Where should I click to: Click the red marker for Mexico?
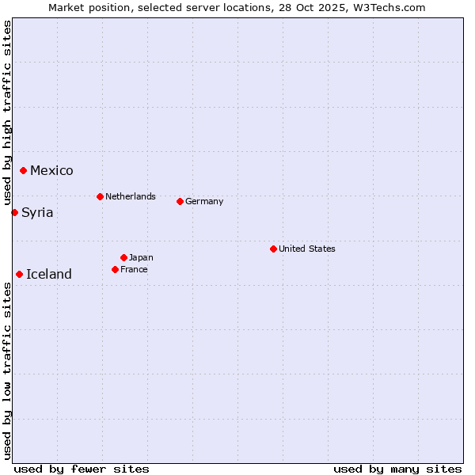[24, 171]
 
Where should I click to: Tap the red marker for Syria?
[15, 212]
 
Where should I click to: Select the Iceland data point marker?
[20, 274]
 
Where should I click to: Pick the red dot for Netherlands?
[100, 196]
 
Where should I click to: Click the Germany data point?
[180, 201]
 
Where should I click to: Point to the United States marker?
[273, 249]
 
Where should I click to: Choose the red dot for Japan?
[123, 257]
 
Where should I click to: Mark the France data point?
[115, 269]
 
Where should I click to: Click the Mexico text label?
[51, 171]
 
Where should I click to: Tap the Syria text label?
[37, 212]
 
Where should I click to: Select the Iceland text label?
[49, 275]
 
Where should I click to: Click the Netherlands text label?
[131, 196]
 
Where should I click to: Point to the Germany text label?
[204, 201]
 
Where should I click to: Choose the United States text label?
[307, 249]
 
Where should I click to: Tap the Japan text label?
[141, 257]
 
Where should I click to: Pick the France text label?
[134, 269]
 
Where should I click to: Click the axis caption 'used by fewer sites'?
[82, 469]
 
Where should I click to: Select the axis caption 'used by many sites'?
[397, 469]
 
